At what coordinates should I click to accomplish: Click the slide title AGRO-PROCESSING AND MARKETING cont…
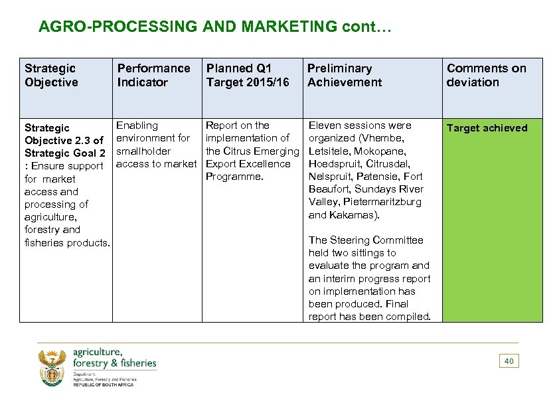216,27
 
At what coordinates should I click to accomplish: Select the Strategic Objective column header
50,75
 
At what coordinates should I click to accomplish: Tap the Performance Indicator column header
153,75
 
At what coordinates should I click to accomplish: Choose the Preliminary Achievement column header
344,75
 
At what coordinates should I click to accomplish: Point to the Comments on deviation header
486,75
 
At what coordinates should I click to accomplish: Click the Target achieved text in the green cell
487,128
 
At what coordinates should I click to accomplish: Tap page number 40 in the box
509,361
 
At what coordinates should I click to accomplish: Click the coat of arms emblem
52,368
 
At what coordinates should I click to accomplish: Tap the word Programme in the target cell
234,177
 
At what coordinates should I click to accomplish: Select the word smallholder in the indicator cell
143,151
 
